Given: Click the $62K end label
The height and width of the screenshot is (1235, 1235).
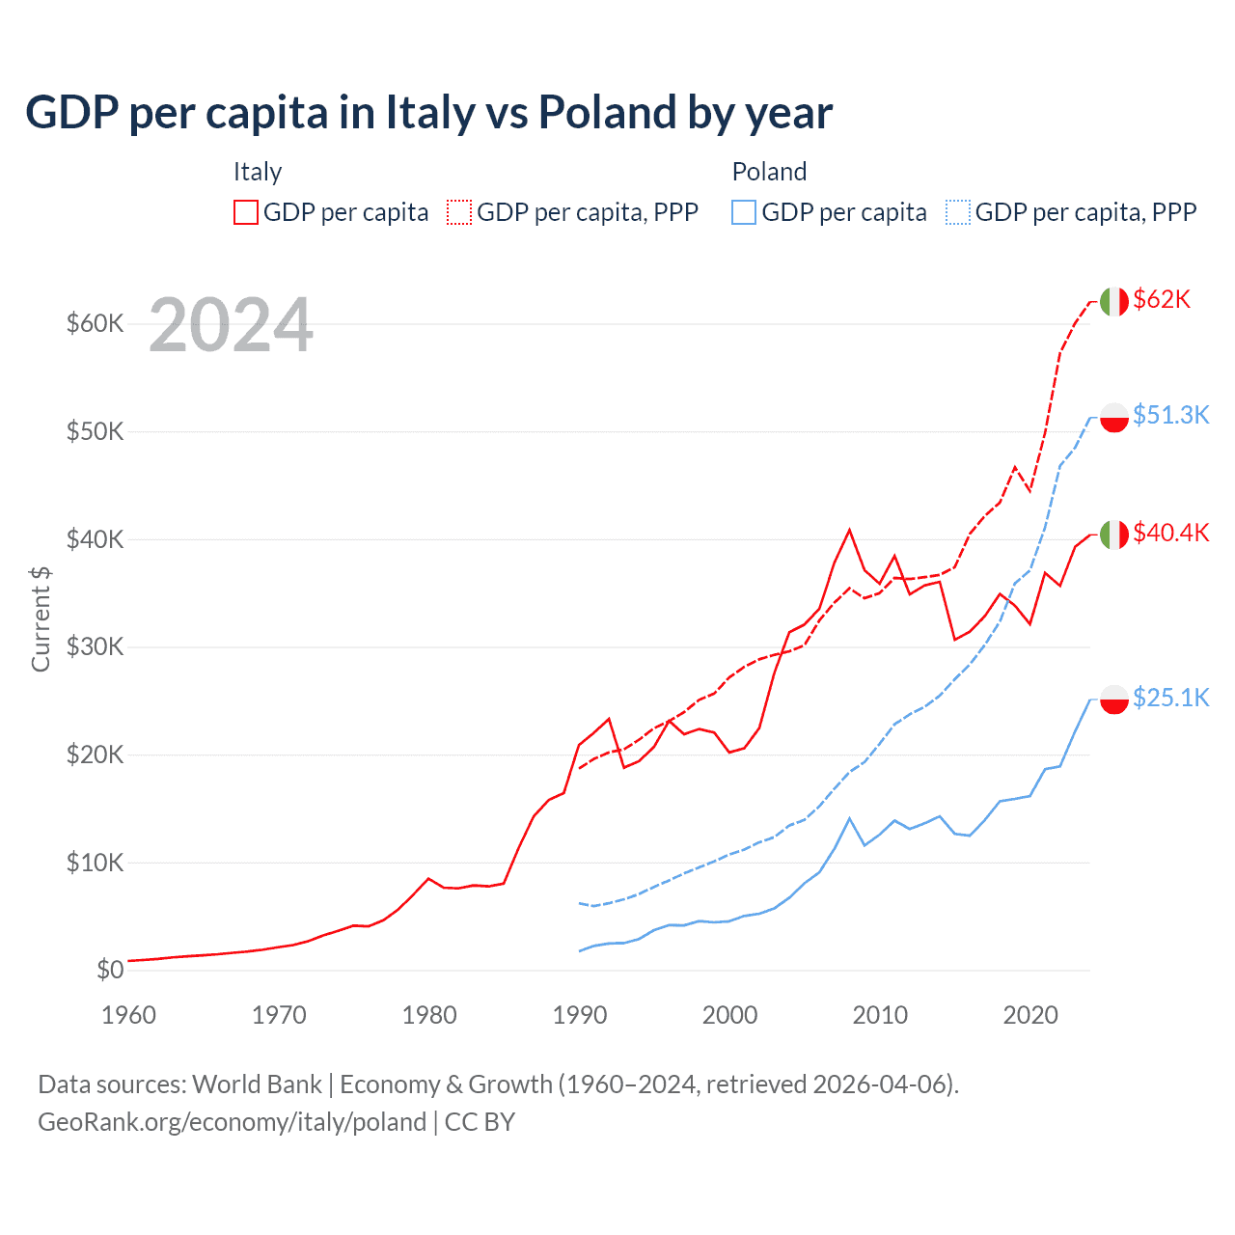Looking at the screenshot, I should point(1162,300).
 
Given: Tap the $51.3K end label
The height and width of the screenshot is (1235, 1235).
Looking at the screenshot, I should point(1170,415).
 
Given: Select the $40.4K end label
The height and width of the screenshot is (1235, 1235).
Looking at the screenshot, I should point(1170,533).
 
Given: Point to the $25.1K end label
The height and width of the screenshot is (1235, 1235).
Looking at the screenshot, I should point(1170,698).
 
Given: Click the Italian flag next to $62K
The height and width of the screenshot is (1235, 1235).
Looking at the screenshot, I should point(1114,301).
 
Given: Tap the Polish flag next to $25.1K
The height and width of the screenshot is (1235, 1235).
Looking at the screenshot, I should point(1114,699).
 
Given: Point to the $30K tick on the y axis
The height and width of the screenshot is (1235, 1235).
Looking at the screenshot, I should point(95,646).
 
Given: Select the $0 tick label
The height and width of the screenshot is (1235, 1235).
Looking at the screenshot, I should point(109,970).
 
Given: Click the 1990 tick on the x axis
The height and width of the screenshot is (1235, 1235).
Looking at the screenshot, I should point(580,1015).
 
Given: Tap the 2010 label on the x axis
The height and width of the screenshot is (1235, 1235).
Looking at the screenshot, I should point(880,1015).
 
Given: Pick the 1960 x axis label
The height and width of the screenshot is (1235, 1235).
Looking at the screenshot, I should point(128,1015).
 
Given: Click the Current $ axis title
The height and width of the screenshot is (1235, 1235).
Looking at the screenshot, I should point(41,618).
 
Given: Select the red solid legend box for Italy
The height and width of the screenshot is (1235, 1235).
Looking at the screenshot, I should point(246,212).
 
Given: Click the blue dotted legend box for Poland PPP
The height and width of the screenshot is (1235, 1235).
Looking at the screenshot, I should point(958,212).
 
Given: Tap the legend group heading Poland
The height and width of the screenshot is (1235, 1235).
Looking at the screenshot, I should point(769,172).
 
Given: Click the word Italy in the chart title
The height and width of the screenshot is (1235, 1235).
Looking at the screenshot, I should point(430,113).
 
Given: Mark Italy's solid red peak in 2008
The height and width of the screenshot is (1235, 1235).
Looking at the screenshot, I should point(849,530).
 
